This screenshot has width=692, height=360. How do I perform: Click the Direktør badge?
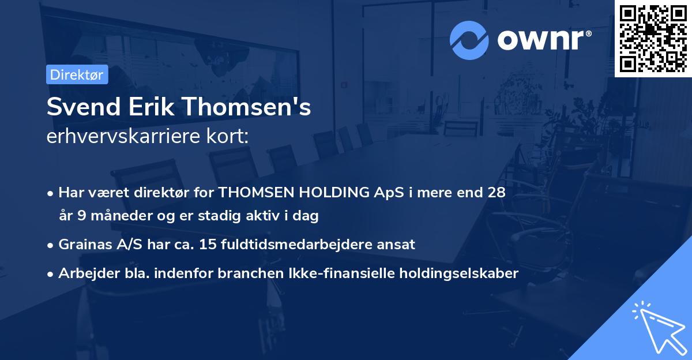tap(77, 74)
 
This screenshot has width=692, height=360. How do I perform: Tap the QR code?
tap(653, 38)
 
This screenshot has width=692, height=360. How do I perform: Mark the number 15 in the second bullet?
tap(207, 245)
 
